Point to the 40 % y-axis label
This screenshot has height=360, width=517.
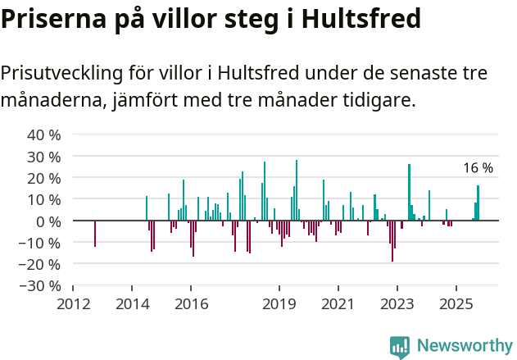[44, 135]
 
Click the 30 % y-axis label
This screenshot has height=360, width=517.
[44, 157]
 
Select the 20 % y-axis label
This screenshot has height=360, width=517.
[44, 178]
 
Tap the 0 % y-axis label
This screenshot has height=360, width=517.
[48, 221]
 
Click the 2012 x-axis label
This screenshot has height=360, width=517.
[73, 304]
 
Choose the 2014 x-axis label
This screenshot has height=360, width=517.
[132, 304]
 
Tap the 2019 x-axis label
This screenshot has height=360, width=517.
[279, 304]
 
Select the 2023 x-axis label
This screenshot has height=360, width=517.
[397, 304]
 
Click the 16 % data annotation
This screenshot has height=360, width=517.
[478, 168]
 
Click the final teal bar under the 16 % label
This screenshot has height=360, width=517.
[478, 203]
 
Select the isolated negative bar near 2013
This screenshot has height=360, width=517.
[95, 233]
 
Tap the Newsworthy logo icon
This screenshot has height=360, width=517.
[400, 347]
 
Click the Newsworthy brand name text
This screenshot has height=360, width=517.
[465, 346]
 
